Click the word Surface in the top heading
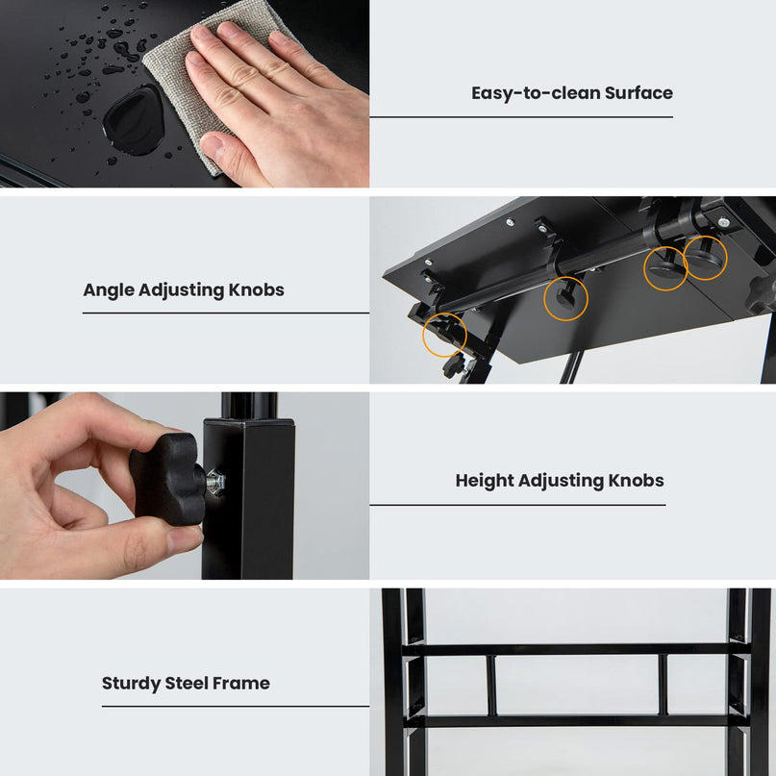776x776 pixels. tap(638, 93)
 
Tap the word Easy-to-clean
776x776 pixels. tap(535, 93)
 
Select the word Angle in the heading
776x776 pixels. tap(109, 290)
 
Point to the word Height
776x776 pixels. tap(485, 481)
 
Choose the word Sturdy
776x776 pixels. tap(131, 684)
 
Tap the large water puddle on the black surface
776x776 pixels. tap(133, 119)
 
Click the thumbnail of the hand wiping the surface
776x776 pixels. tap(185, 93)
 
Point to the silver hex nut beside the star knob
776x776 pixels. tap(216, 481)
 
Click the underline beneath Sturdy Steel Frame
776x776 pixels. tap(236, 706)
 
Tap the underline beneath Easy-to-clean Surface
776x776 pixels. tap(521, 117)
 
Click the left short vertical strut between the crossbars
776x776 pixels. tap(491, 686)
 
